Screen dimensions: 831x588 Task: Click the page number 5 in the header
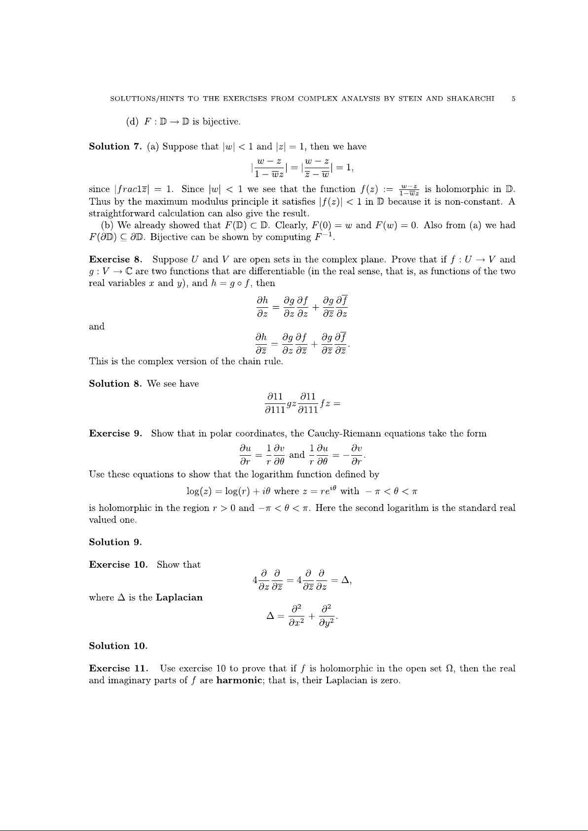click(514, 99)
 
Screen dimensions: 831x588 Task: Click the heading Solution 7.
click(115, 146)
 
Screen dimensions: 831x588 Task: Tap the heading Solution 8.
click(115, 384)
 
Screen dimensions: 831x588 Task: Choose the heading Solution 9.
click(115, 542)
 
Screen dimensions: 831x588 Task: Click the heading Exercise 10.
click(118, 565)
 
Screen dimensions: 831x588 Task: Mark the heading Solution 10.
click(118, 646)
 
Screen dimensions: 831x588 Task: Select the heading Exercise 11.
click(118, 669)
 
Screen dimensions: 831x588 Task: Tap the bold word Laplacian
click(179, 598)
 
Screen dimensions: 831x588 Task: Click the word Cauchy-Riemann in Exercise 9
click(340, 434)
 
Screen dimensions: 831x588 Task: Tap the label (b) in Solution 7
click(107, 225)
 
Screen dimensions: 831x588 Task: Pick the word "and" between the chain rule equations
click(97, 326)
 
